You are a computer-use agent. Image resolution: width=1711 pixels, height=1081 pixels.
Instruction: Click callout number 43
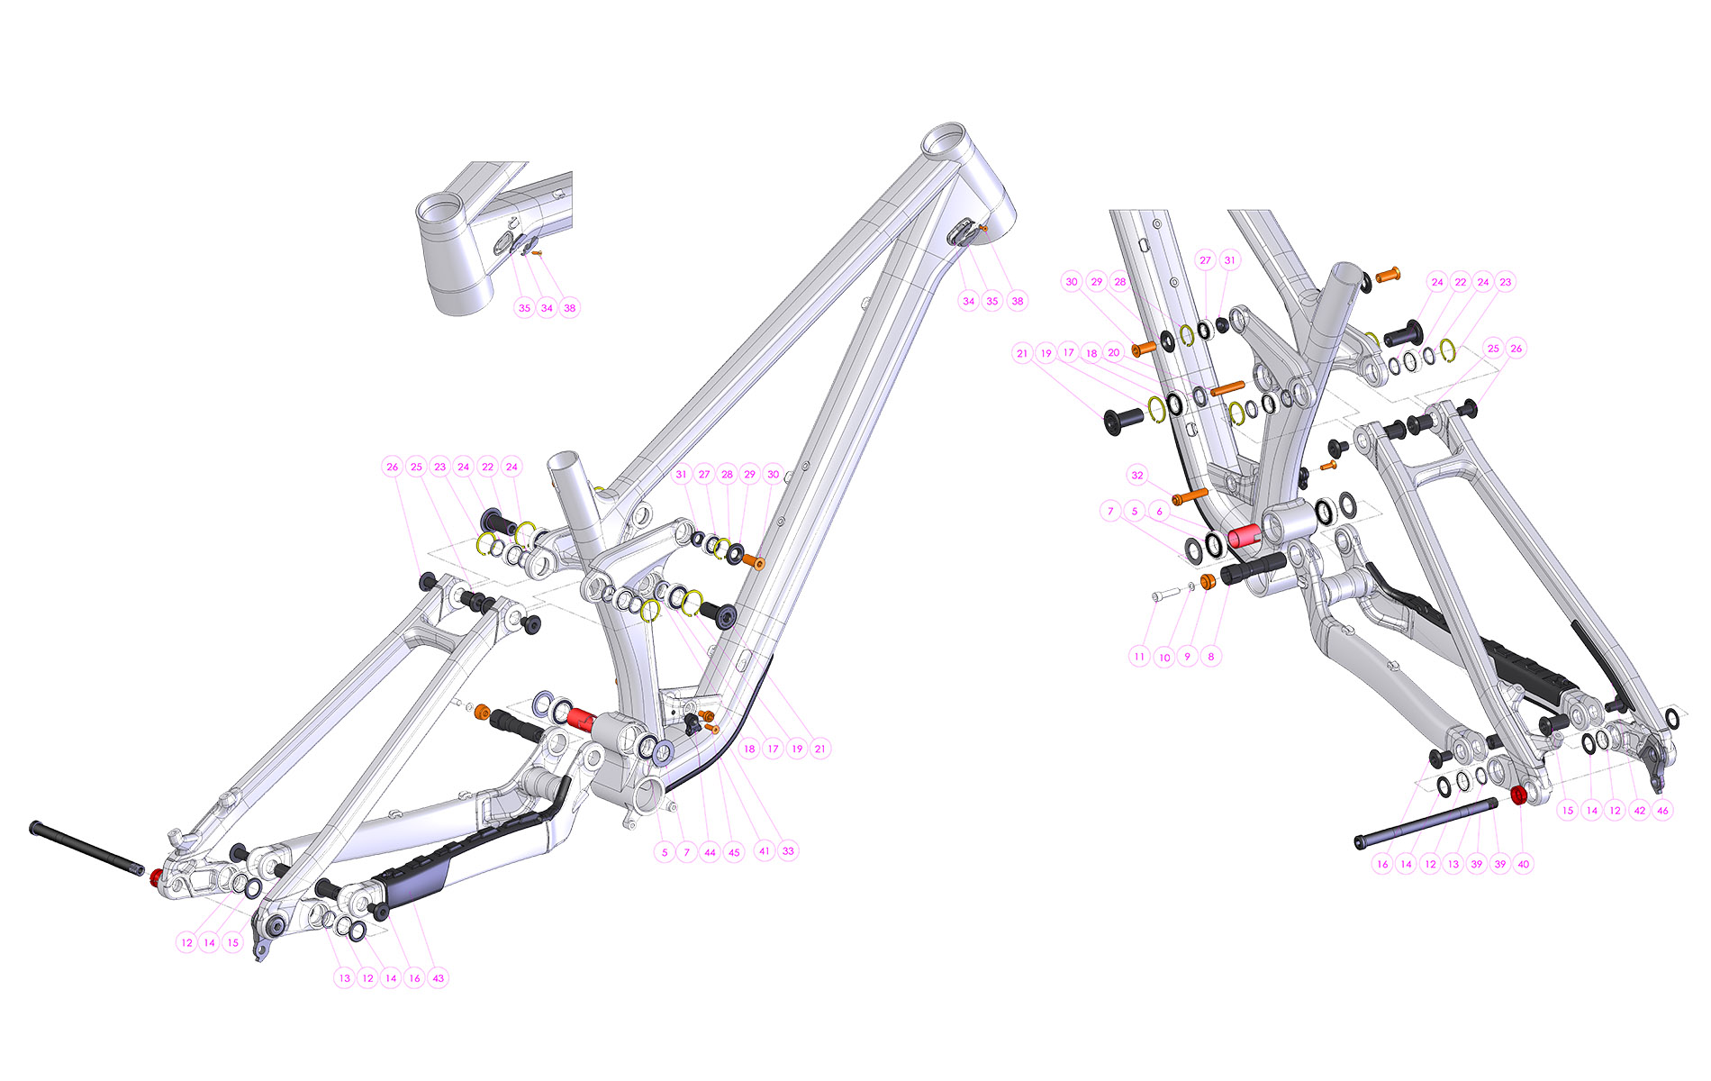(x=438, y=977)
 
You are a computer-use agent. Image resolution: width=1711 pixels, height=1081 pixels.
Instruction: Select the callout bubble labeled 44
(x=710, y=851)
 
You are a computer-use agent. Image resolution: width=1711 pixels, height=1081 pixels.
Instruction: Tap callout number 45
(x=734, y=851)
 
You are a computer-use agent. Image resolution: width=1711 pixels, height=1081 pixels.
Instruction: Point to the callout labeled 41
(x=765, y=850)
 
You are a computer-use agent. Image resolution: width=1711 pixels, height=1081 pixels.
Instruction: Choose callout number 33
(x=788, y=850)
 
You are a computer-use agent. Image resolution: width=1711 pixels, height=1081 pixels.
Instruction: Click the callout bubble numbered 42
(x=1639, y=810)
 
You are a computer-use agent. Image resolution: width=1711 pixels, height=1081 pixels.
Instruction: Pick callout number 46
(x=1662, y=810)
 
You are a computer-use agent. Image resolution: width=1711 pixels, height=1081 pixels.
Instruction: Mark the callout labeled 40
(x=1523, y=863)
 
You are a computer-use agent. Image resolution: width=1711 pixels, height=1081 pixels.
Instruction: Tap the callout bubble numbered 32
(x=1137, y=475)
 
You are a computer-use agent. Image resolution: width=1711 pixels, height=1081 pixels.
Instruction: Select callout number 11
(x=1140, y=656)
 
